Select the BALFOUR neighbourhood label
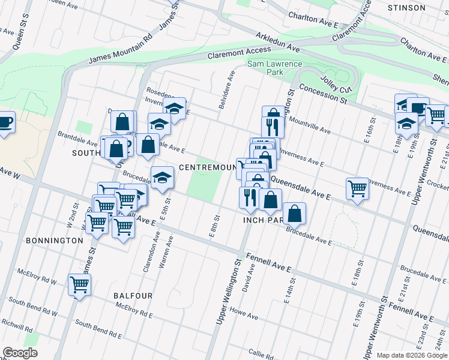(133, 296)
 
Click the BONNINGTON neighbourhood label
(55, 240)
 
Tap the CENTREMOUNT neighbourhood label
(207, 167)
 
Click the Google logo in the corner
(20, 353)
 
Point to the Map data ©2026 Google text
(411, 355)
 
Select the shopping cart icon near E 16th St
(357, 188)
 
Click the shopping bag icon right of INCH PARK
(294, 212)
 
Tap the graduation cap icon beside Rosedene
(174, 108)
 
